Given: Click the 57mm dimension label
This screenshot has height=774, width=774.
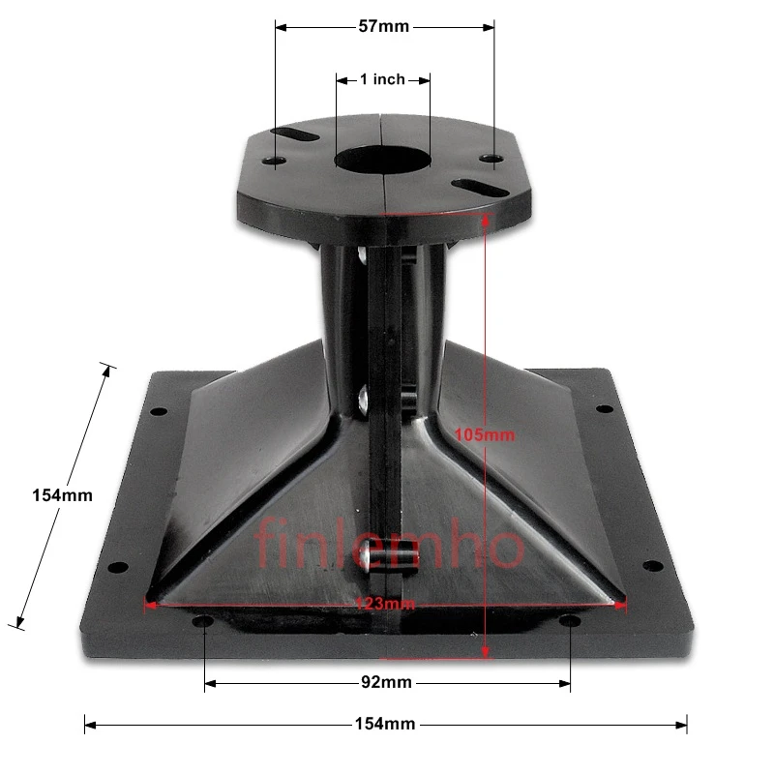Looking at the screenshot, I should pyautogui.click(x=384, y=27).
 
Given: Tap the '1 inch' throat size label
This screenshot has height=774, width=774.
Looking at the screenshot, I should pyautogui.click(x=382, y=79).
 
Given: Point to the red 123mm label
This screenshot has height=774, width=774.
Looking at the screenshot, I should pyautogui.click(x=384, y=604).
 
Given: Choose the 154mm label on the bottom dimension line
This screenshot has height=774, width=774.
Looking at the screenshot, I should pyautogui.click(x=384, y=724).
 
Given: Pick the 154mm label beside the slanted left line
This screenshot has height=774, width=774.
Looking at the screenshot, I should pyautogui.click(x=62, y=494).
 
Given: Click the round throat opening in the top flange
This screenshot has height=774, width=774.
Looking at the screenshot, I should pyautogui.click(x=382, y=160).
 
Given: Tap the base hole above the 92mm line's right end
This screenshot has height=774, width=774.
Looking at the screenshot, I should pyautogui.click(x=570, y=619).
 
